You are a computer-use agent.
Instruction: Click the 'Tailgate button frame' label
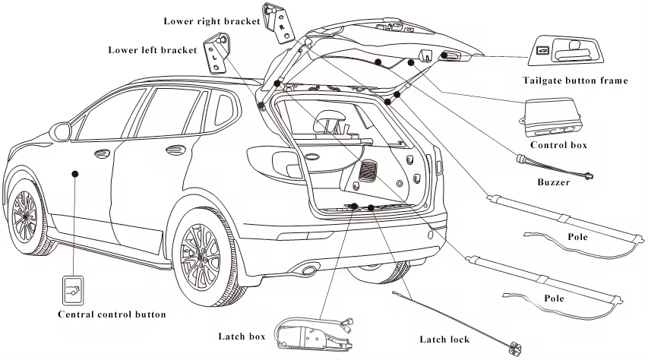pyautogui.click(x=574, y=81)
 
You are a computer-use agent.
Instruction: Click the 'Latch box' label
pyautogui.click(x=242, y=335)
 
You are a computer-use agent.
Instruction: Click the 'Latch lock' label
pyautogui.click(x=444, y=339)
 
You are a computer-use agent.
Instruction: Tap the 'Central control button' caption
pyautogui.click(x=112, y=314)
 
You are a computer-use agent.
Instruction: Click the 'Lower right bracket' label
pyautogui.click(x=212, y=21)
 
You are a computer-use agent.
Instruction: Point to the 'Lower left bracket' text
pyautogui.click(x=153, y=50)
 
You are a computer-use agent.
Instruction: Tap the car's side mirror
pyautogui.click(x=58, y=131)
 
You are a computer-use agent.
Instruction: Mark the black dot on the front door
pyautogui.click(x=75, y=174)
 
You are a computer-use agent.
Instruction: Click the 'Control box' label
pyautogui.click(x=558, y=144)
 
